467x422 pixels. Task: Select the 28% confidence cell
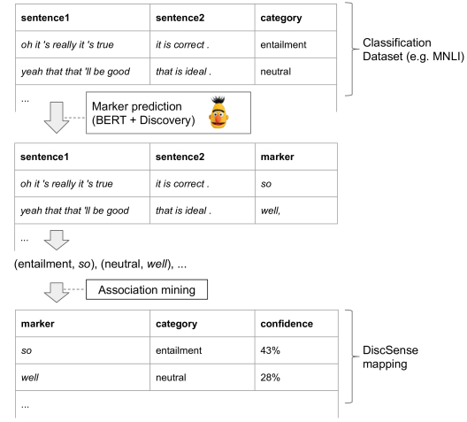coord(268,378)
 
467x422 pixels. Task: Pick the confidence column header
coord(284,323)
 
